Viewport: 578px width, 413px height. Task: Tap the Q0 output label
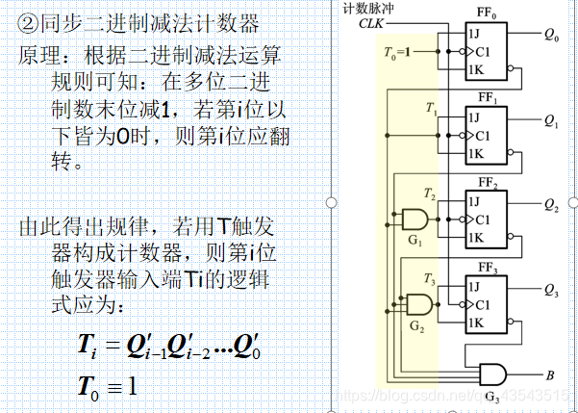coord(551,36)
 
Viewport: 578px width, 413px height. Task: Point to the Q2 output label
coord(551,205)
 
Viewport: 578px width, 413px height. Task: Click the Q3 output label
coord(551,290)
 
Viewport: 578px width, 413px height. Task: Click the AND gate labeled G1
coord(414,218)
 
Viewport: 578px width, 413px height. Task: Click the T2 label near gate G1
coord(429,196)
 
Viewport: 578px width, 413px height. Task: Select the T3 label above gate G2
coord(429,280)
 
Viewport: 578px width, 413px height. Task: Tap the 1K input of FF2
coord(473,237)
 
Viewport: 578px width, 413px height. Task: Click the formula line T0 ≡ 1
coord(108,387)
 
